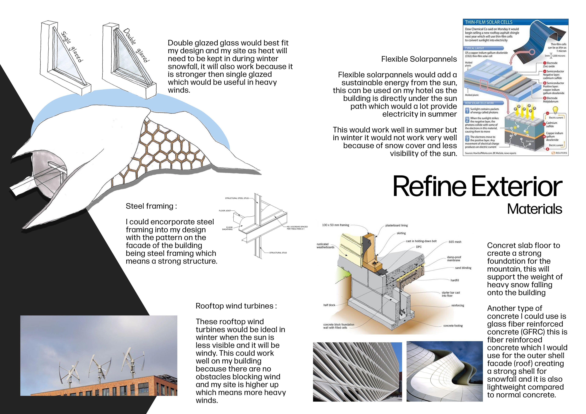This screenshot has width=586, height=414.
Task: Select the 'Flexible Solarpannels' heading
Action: (419, 59)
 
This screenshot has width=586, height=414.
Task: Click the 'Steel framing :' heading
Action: (151, 206)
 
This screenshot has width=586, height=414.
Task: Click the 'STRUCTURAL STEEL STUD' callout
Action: (237, 198)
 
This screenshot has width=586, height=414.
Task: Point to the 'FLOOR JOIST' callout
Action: (225, 211)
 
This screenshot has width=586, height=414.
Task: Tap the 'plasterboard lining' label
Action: (396, 226)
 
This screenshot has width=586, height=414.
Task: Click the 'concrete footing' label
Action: (453, 326)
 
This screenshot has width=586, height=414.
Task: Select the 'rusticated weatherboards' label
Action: (325, 246)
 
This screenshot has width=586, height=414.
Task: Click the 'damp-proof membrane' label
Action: (454, 259)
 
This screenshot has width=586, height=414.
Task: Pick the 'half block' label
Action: (329, 305)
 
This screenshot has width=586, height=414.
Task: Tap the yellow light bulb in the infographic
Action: (555, 110)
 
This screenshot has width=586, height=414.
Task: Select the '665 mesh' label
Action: (455, 242)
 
